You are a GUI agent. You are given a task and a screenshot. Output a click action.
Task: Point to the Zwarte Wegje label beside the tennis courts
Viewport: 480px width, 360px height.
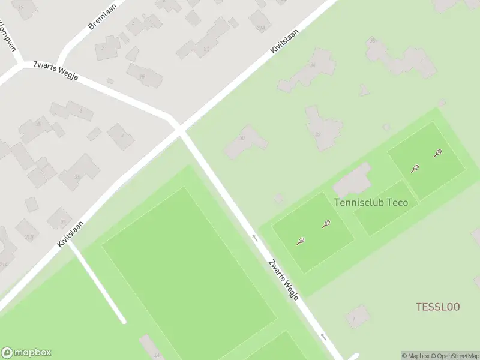283,280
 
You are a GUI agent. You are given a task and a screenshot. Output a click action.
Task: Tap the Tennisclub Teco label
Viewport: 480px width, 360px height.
371,202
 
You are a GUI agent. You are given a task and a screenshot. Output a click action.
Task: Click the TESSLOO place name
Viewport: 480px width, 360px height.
438,307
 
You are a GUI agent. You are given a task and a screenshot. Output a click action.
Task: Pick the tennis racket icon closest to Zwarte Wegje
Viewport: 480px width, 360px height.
301,241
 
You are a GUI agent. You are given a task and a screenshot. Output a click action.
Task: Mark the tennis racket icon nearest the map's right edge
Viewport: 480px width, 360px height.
438,153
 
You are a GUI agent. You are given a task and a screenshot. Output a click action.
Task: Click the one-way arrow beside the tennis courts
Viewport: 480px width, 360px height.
254,238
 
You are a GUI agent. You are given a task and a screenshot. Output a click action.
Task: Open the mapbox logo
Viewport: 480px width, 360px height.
26,353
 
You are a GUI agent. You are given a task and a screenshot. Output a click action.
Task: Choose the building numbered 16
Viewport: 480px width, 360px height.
143,74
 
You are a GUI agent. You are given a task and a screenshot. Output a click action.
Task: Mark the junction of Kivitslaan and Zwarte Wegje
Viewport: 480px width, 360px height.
179,128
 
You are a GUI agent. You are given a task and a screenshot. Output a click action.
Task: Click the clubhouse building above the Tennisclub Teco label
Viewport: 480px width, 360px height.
353,179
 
